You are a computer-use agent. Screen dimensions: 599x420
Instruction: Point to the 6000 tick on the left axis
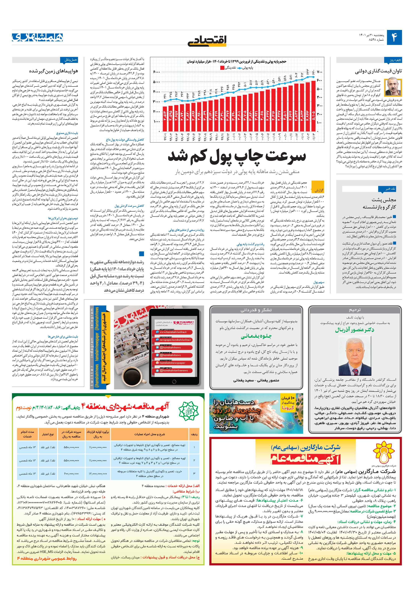click(156, 72)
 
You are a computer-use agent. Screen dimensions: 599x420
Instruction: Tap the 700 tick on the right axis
click(320, 72)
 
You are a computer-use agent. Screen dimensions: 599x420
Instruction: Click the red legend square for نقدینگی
click(222, 68)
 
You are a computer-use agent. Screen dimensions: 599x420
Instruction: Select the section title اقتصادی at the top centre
click(207, 40)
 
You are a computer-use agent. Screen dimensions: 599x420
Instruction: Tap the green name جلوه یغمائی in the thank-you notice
click(256, 336)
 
